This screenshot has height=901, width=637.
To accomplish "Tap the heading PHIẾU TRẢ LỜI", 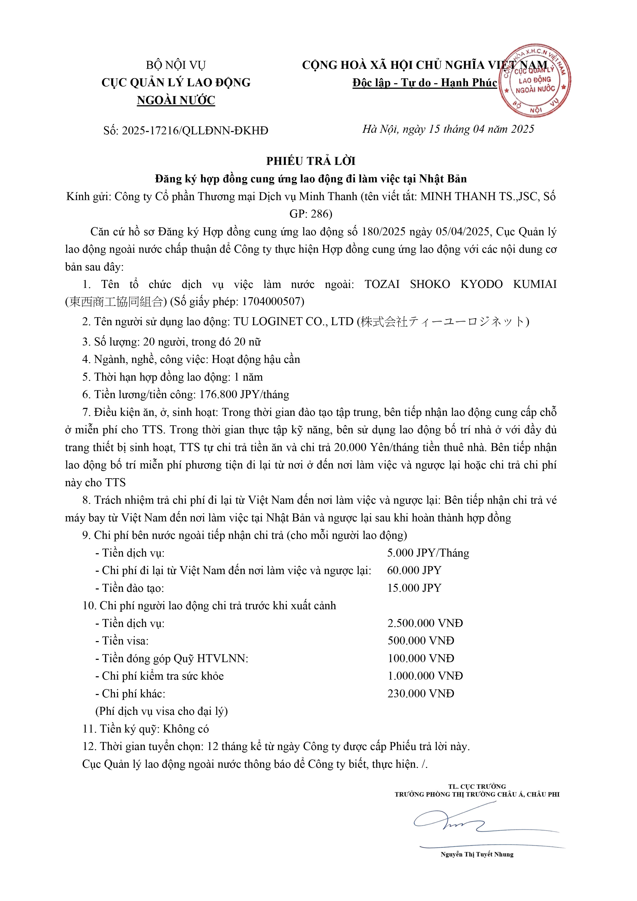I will [x=311, y=161].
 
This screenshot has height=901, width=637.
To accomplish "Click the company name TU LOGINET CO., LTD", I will [x=294, y=321].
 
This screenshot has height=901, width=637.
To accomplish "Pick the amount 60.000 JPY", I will [x=414, y=570].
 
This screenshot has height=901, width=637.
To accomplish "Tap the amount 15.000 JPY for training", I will [x=414, y=588].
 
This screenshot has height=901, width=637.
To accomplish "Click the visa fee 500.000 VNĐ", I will [x=421, y=641].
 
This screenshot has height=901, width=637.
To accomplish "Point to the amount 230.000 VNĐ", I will [x=421, y=693].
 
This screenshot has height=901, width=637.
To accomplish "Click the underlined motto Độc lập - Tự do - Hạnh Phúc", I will [x=425, y=83].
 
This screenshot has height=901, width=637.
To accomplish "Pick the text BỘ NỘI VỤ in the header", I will [x=176, y=65].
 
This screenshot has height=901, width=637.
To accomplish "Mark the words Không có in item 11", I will [x=186, y=729].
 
